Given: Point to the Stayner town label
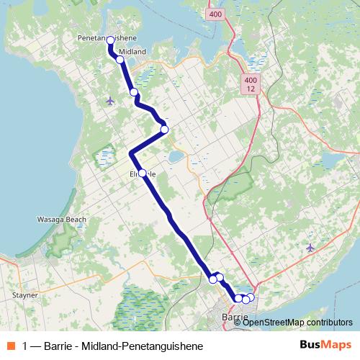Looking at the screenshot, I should (25, 295).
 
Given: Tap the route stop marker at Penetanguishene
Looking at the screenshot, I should (111, 41).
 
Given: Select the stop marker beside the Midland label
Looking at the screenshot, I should (120, 60).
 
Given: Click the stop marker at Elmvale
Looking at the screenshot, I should (142, 173).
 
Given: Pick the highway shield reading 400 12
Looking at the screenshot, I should (251, 84).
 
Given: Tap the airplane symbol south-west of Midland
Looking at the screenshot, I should (109, 100).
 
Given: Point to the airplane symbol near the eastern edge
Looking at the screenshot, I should (310, 248).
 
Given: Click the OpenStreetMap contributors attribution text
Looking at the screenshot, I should (297, 323).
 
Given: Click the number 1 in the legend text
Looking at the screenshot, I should (26, 346).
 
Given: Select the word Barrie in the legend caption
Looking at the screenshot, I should (58, 346).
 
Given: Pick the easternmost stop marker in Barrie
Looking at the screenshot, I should (251, 297).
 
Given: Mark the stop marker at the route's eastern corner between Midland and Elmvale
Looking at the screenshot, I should (164, 130).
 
